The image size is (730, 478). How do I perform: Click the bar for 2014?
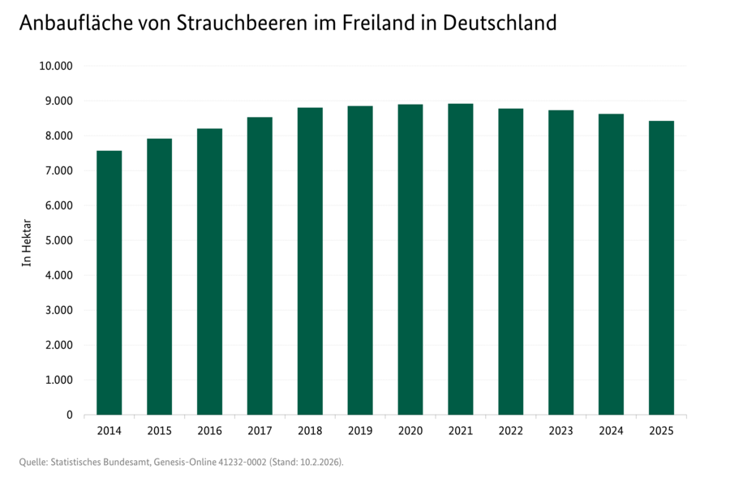109,282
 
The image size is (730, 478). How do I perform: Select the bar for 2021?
460,259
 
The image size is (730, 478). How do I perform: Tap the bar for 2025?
661,268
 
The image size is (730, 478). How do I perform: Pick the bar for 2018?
310,261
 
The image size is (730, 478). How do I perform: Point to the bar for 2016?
209,271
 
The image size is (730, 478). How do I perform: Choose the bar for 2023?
560,262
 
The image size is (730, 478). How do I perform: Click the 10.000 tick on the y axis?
56,66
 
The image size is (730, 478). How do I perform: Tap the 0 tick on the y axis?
69,415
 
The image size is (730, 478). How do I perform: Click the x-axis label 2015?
159,430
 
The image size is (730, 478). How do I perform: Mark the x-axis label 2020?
410,430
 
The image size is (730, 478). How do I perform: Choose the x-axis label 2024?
611,430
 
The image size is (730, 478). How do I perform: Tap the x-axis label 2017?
260,430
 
